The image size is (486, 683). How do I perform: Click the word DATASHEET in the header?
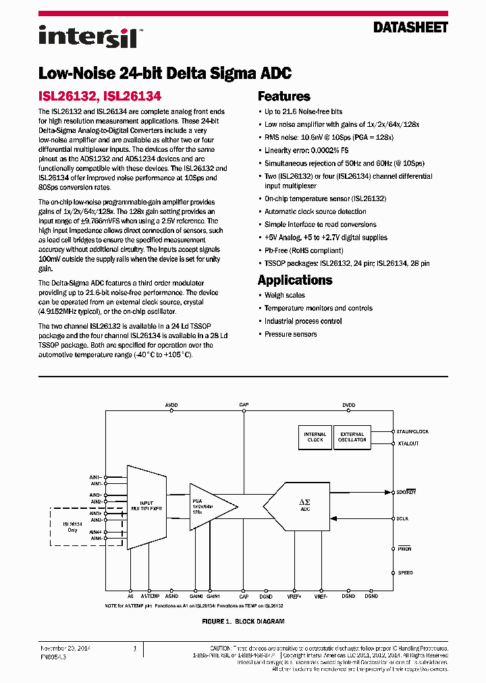pos(410,28)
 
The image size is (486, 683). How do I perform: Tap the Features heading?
pos(283,97)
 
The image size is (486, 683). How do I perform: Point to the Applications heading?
pos(294,279)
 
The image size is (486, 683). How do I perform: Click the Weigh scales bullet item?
pos(284,296)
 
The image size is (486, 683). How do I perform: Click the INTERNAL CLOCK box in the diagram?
pos(315,437)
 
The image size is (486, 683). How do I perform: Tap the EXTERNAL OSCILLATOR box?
pos(352,437)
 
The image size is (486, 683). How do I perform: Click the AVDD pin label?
pos(171,405)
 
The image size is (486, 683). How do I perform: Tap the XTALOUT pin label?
pos(408,443)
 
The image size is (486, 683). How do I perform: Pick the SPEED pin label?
pos(405,572)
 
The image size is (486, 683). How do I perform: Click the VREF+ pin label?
pos(294,597)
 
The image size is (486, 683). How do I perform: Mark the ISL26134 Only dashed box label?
pos(72,526)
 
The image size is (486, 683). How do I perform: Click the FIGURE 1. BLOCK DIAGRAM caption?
pos(243,621)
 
